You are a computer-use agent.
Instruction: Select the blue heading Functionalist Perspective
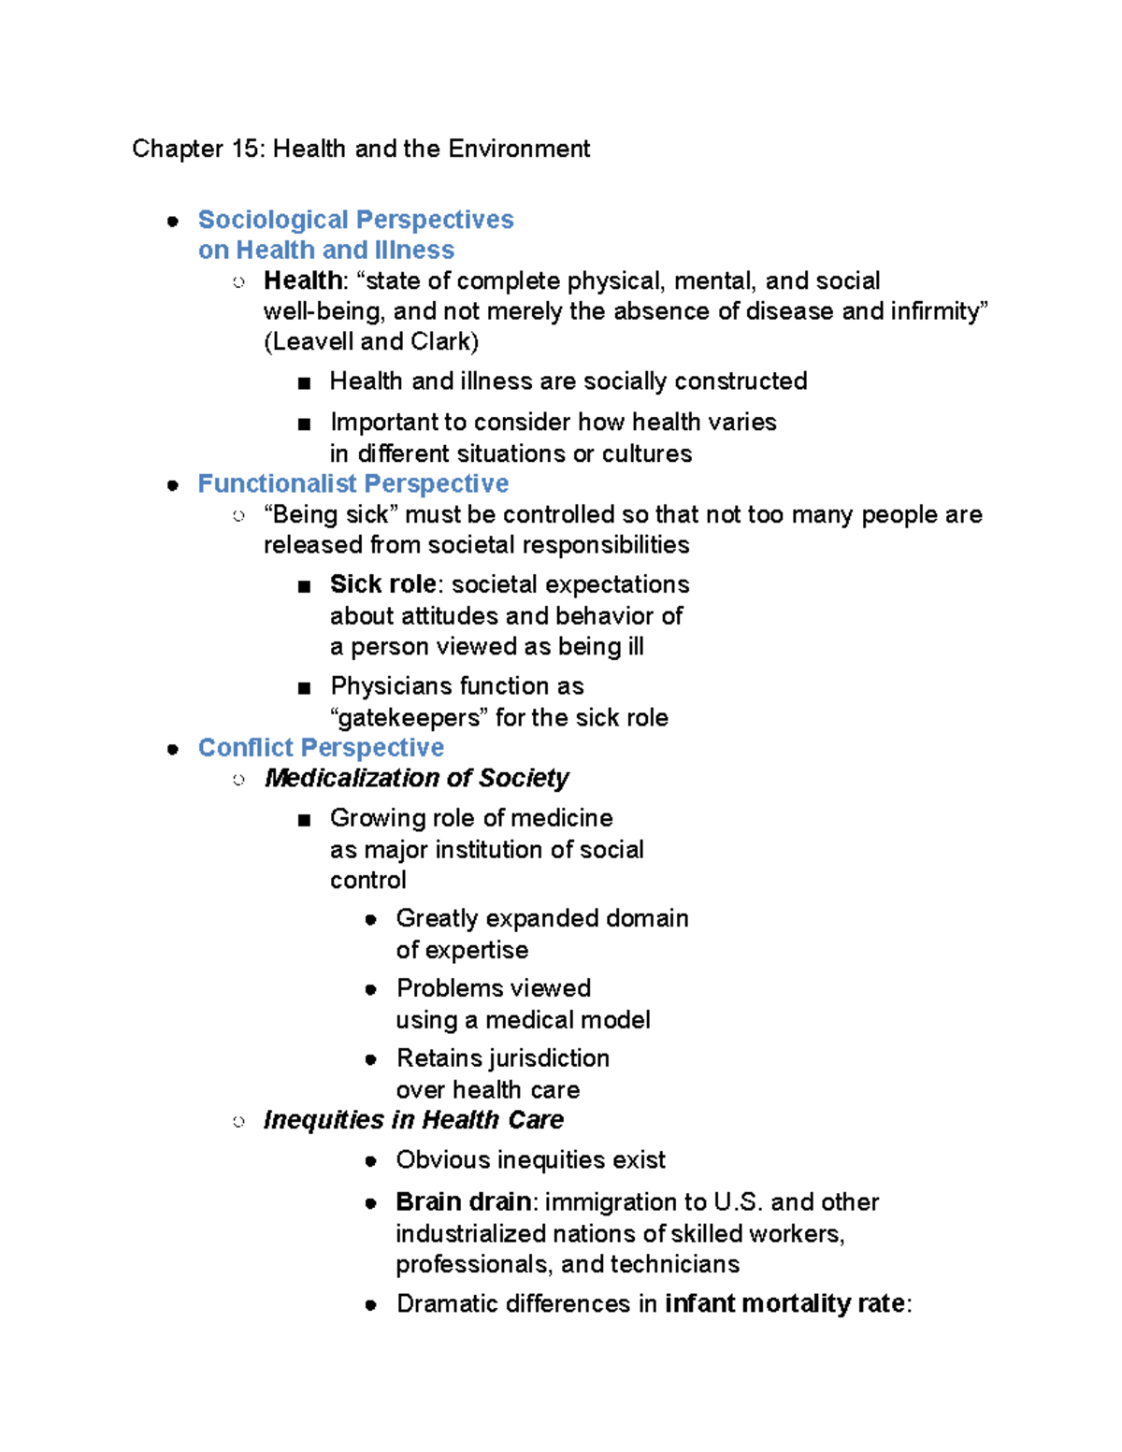coord(352,483)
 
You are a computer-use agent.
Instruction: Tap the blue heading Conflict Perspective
coord(321,747)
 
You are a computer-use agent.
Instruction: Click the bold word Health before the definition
coord(302,280)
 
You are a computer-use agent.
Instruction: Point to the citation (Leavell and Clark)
coord(371,341)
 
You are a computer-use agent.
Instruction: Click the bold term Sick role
coord(382,584)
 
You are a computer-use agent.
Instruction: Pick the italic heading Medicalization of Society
coord(416,778)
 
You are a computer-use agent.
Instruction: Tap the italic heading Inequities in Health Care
coord(413,1119)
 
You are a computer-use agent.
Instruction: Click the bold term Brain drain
coord(463,1201)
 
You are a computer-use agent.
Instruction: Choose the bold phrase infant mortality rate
coord(784,1303)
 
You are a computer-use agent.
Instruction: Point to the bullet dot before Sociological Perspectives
coord(173,221)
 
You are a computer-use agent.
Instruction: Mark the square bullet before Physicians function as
coord(304,688)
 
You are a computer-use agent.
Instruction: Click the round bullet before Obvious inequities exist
coord(371,1161)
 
